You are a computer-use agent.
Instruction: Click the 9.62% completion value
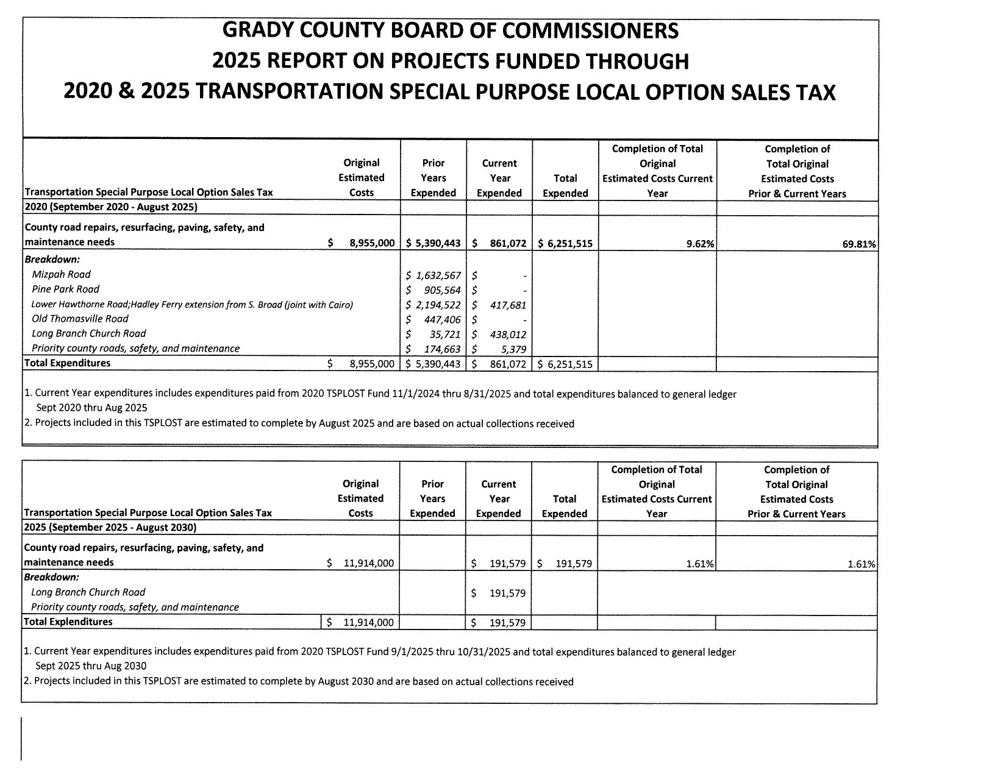click(701, 244)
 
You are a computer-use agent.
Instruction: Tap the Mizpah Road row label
click(61, 275)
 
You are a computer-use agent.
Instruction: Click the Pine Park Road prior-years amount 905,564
click(441, 290)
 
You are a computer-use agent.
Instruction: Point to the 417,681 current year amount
click(508, 305)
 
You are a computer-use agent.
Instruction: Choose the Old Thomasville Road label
click(80, 319)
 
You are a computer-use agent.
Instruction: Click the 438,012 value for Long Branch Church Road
click(508, 335)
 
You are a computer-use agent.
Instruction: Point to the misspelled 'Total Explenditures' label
click(68, 622)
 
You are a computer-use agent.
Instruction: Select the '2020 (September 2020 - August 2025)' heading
click(110, 207)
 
